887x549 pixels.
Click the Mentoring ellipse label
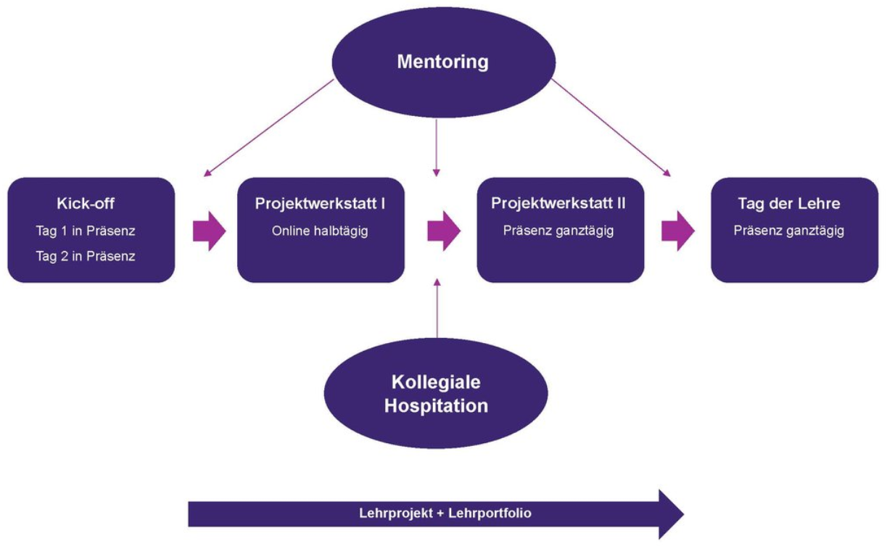[x=442, y=62]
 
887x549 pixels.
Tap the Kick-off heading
[x=86, y=204]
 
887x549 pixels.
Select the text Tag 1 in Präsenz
[x=86, y=231]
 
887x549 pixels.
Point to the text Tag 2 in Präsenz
[x=86, y=256]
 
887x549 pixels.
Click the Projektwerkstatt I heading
[x=320, y=204]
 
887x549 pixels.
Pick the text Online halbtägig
[x=320, y=231]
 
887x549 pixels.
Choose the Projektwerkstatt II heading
[x=558, y=204]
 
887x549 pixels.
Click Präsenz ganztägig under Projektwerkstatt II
[x=558, y=231]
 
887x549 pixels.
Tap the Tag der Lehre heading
[x=789, y=204]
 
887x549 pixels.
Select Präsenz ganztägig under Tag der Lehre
[x=789, y=231]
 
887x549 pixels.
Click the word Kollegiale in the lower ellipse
[x=436, y=383]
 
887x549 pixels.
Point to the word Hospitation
[x=436, y=406]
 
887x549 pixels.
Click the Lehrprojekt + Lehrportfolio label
[x=445, y=513]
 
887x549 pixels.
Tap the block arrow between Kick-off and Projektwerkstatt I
[x=210, y=231]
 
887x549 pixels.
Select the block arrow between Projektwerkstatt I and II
[x=444, y=231]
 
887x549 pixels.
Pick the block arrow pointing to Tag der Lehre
[x=678, y=231]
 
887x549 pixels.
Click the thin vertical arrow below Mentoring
[x=437, y=148]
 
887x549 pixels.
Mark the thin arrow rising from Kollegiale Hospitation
[x=437, y=308]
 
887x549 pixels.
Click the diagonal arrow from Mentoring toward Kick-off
[x=268, y=128]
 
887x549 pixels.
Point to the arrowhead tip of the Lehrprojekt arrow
[x=684, y=514]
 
